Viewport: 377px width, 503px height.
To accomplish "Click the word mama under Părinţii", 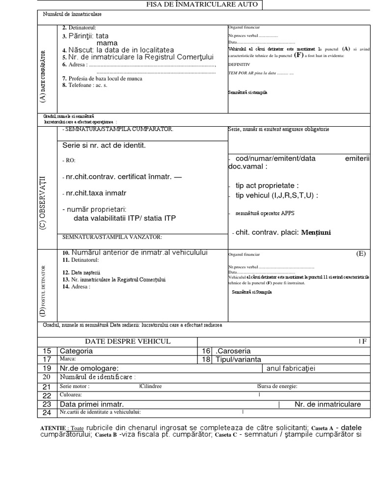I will [107, 43].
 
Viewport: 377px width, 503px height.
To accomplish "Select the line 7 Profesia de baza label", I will [103, 78].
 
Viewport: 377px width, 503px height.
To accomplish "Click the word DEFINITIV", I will [239, 64].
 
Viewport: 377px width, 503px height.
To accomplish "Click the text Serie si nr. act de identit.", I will [104, 145].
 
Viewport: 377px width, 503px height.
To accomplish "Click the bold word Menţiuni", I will [316, 232].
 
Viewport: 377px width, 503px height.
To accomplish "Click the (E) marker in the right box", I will [361, 253].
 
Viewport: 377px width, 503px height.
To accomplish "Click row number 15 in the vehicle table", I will [47, 351].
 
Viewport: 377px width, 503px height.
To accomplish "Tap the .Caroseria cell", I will [233, 351].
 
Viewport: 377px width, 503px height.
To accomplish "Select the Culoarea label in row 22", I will [71, 394].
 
